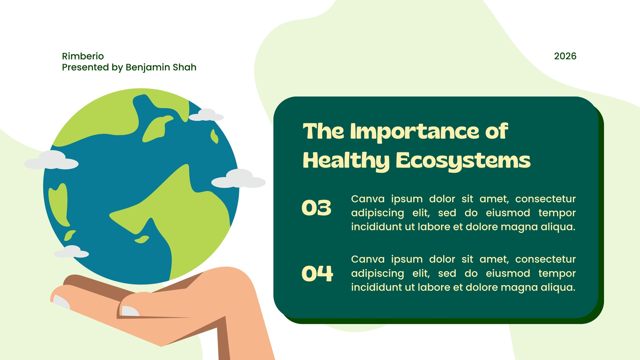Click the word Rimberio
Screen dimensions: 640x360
83,56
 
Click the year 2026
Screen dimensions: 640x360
565,56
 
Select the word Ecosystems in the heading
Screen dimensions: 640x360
463,161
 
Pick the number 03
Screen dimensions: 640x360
316,208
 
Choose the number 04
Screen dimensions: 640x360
318,274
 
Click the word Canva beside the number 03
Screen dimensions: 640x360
368,199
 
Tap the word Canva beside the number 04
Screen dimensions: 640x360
368,259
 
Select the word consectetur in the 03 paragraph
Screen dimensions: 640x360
546,199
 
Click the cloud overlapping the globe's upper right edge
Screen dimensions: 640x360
206,115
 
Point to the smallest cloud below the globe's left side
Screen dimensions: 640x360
72,252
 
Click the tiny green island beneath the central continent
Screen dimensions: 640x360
142,239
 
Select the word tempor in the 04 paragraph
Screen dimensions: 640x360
557,274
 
